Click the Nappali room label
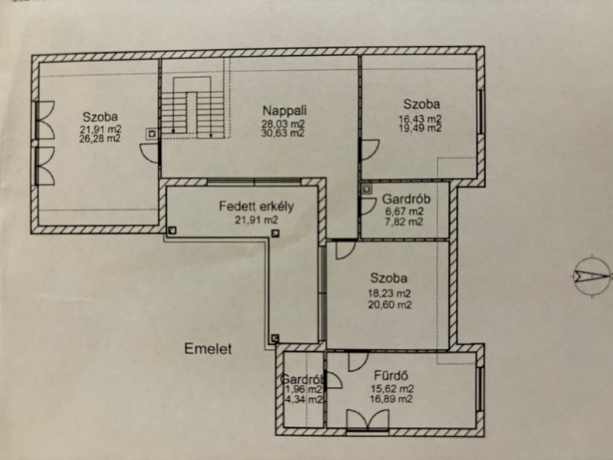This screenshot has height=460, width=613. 284,110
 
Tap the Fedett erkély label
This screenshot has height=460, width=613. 256,206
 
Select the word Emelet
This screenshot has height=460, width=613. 208,349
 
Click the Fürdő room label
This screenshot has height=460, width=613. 391,376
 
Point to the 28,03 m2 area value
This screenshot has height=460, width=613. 283,124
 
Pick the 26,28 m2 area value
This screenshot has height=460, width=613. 100,139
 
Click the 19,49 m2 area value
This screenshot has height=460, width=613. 420,128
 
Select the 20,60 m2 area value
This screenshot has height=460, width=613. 389,304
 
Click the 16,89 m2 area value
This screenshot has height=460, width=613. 391,399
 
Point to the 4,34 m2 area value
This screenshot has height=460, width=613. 303,399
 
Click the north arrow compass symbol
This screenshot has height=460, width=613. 592,276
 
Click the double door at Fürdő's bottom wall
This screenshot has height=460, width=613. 368,420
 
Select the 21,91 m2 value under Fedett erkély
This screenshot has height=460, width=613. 256,220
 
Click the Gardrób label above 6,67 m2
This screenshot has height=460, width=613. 406,199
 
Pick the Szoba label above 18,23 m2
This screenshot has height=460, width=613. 388,278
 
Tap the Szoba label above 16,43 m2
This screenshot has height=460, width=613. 421,104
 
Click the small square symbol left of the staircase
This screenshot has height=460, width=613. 152,133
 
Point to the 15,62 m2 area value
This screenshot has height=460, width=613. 392,389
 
